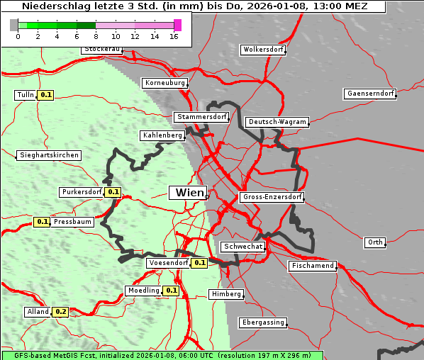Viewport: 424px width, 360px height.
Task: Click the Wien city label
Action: coord(189,193)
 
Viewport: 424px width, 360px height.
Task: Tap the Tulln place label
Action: coord(26,95)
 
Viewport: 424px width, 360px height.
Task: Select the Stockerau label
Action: coord(102,50)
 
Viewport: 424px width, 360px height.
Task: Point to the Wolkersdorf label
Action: coord(263,50)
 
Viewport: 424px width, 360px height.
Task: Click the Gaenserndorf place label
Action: coord(369,94)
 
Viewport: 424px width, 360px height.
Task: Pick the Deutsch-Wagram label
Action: coord(277,122)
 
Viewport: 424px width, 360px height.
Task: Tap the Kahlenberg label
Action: coord(163,135)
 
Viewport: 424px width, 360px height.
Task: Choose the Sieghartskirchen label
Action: coord(49,155)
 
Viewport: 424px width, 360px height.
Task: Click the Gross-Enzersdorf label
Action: coord(272,197)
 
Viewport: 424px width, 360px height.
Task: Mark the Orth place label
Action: coord(375,242)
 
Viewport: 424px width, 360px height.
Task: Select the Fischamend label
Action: coord(312,266)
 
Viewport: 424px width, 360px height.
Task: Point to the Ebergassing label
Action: coord(262,322)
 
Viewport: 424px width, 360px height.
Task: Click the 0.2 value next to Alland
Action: coord(61,312)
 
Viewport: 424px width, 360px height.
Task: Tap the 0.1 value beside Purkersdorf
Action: coord(113,192)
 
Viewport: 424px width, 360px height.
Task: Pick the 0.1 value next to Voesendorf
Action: coord(200,263)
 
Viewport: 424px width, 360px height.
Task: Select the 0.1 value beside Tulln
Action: coord(46,95)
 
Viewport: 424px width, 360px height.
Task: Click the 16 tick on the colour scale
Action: coord(174,37)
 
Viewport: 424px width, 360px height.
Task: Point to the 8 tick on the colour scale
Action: coord(96,37)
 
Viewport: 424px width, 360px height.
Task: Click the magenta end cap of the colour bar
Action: coord(177,25)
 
